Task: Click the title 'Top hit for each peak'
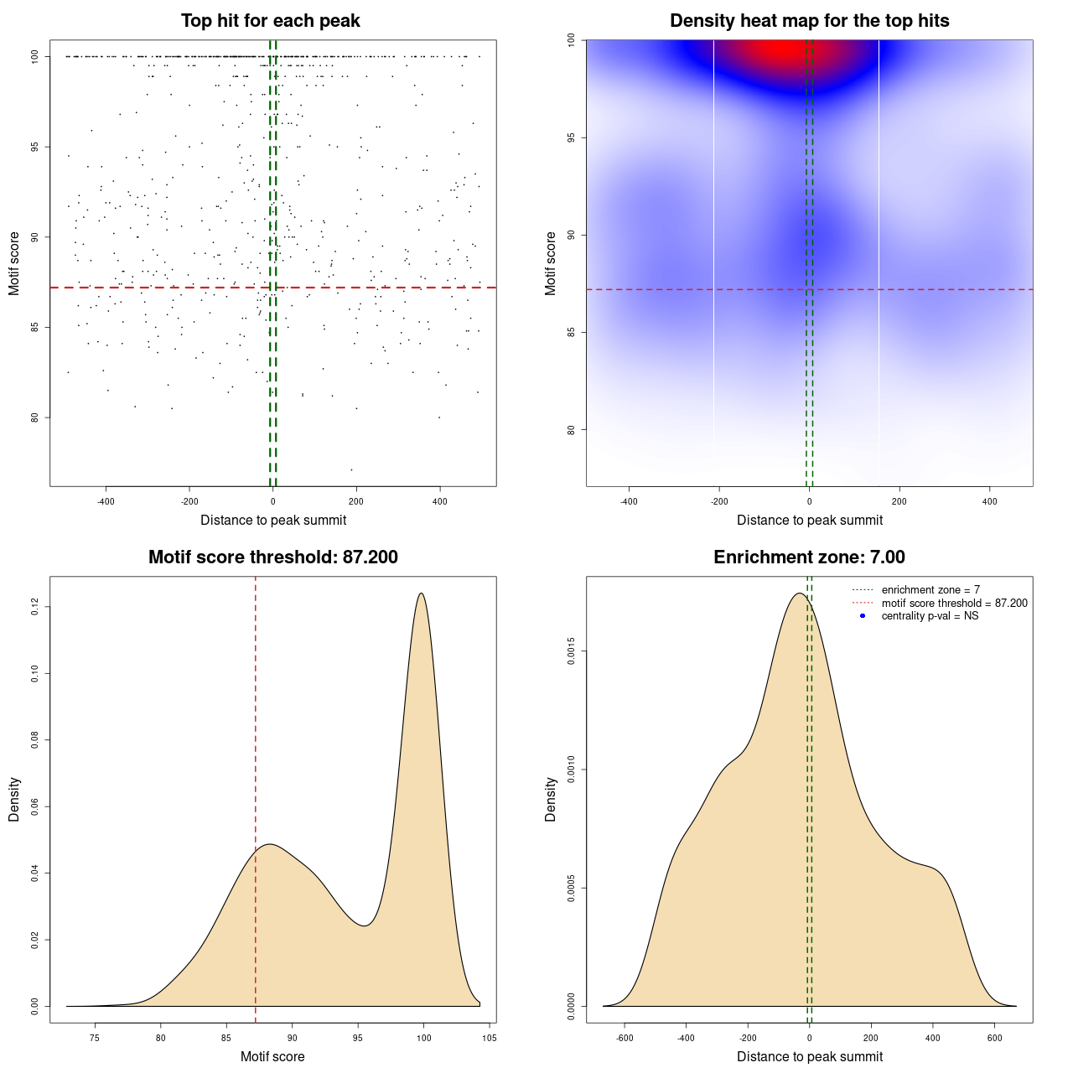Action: pos(270,21)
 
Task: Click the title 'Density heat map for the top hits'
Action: pos(809,21)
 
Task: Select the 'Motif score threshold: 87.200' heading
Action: pos(272,557)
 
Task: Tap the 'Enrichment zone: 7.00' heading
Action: pos(809,557)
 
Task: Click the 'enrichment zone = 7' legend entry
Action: pos(930,590)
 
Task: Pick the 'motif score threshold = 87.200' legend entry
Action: pos(954,603)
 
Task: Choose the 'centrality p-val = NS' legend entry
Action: pos(930,616)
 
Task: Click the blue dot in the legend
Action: pos(863,616)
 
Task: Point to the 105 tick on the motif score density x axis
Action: pos(490,1038)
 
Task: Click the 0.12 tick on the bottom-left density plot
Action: pos(34,607)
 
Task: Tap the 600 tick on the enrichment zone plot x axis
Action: pos(995,1038)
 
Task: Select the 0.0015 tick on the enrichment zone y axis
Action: pos(571,651)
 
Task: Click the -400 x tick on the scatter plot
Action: pos(106,501)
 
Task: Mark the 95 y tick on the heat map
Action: pos(571,137)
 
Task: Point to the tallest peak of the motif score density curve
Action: pos(421,594)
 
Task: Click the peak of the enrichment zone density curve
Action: pos(799,594)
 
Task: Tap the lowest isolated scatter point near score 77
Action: pos(351,469)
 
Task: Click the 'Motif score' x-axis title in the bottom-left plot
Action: pos(272,1056)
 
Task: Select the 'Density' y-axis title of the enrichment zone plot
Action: pos(551,799)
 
